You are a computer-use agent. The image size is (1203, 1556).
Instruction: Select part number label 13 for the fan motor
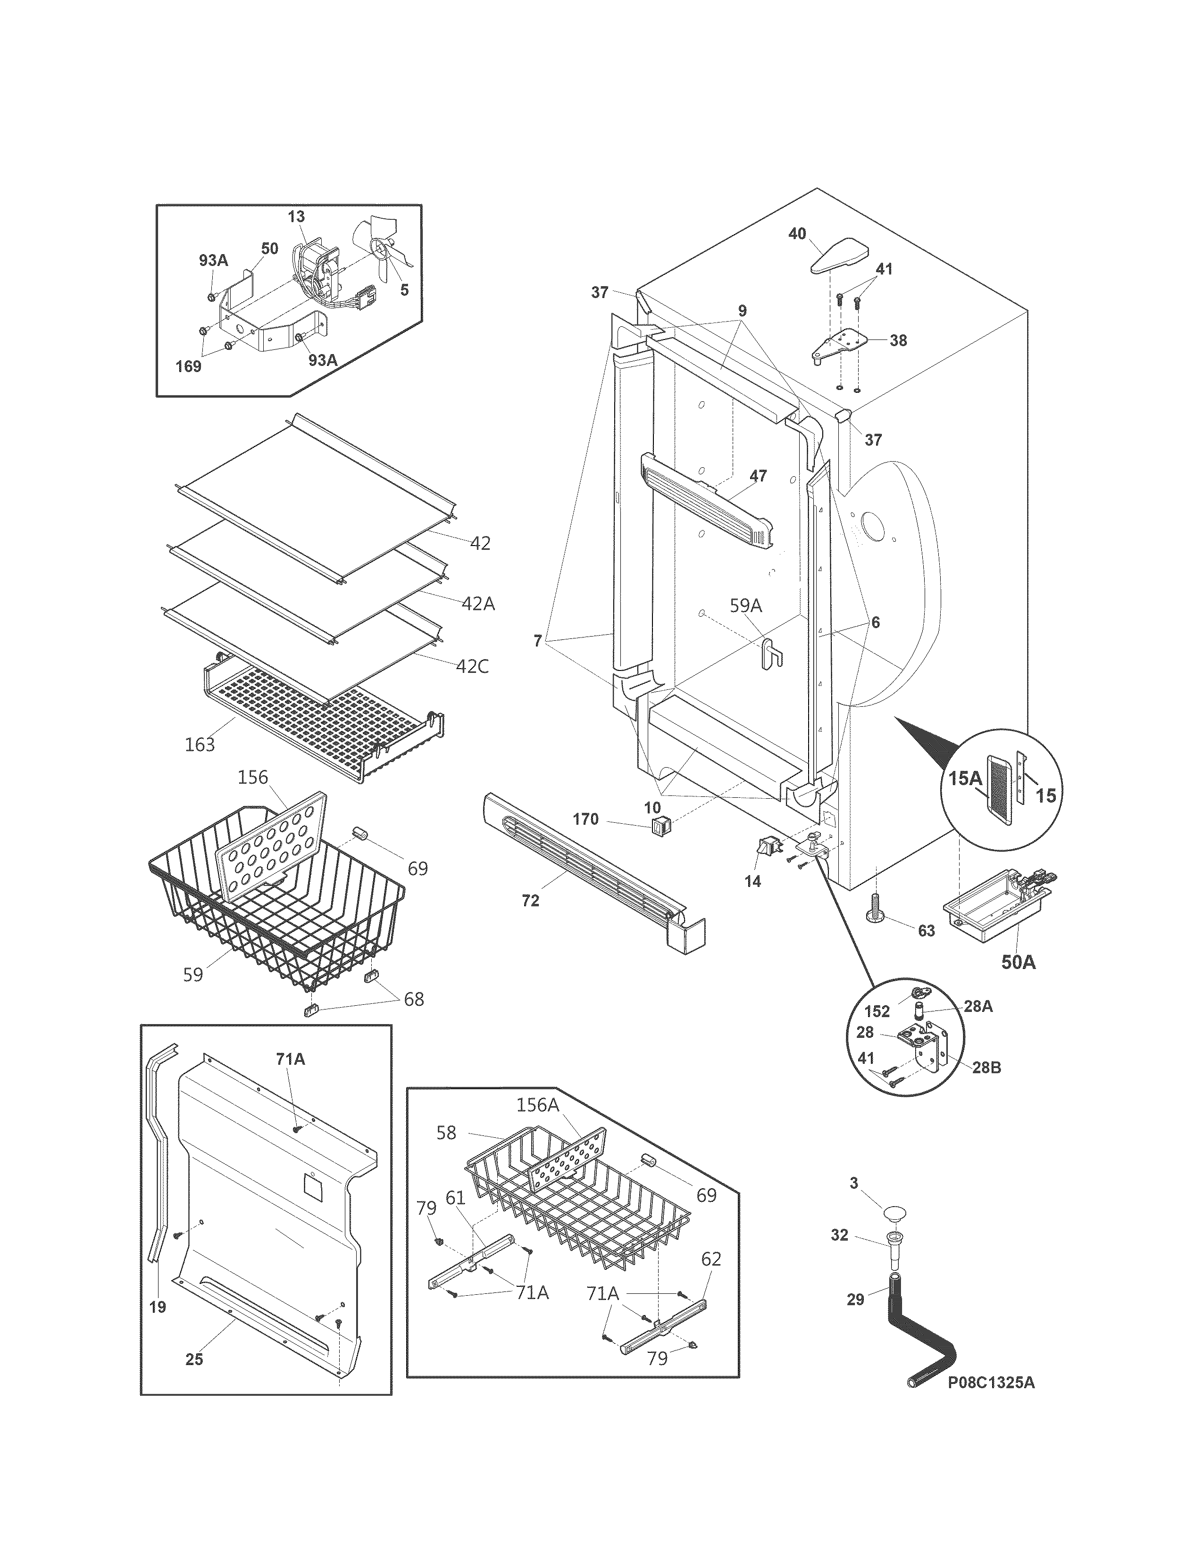click(x=296, y=216)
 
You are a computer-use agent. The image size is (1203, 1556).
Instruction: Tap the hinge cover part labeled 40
click(x=841, y=257)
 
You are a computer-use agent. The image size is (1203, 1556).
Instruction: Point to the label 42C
click(x=473, y=666)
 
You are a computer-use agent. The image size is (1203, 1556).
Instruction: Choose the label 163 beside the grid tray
click(x=200, y=745)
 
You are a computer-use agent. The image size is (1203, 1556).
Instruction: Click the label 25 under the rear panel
click(x=194, y=1359)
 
